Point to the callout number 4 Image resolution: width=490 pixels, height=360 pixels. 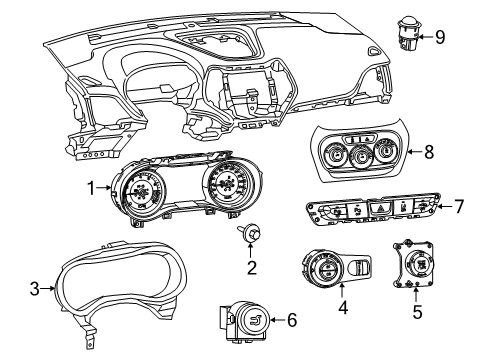(x=343, y=311)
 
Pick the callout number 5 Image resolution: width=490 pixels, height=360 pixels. (x=417, y=311)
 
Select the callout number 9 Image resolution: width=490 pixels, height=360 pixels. (x=440, y=38)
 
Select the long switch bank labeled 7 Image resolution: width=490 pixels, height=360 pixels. (x=370, y=211)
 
